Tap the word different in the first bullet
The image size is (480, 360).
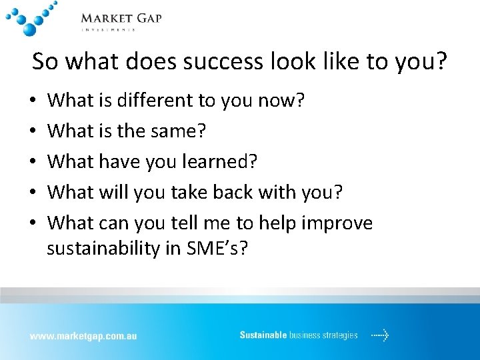[x=149, y=101]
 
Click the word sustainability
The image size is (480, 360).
[x=105, y=249]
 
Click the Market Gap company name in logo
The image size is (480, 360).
[x=121, y=18]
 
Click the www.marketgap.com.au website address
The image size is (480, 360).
[x=83, y=336]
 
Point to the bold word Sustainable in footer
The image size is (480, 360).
[x=263, y=335]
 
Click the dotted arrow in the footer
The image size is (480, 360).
[x=379, y=335]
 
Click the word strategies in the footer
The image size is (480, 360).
[x=341, y=335]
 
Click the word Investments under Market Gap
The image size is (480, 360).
[x=108, y=29]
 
